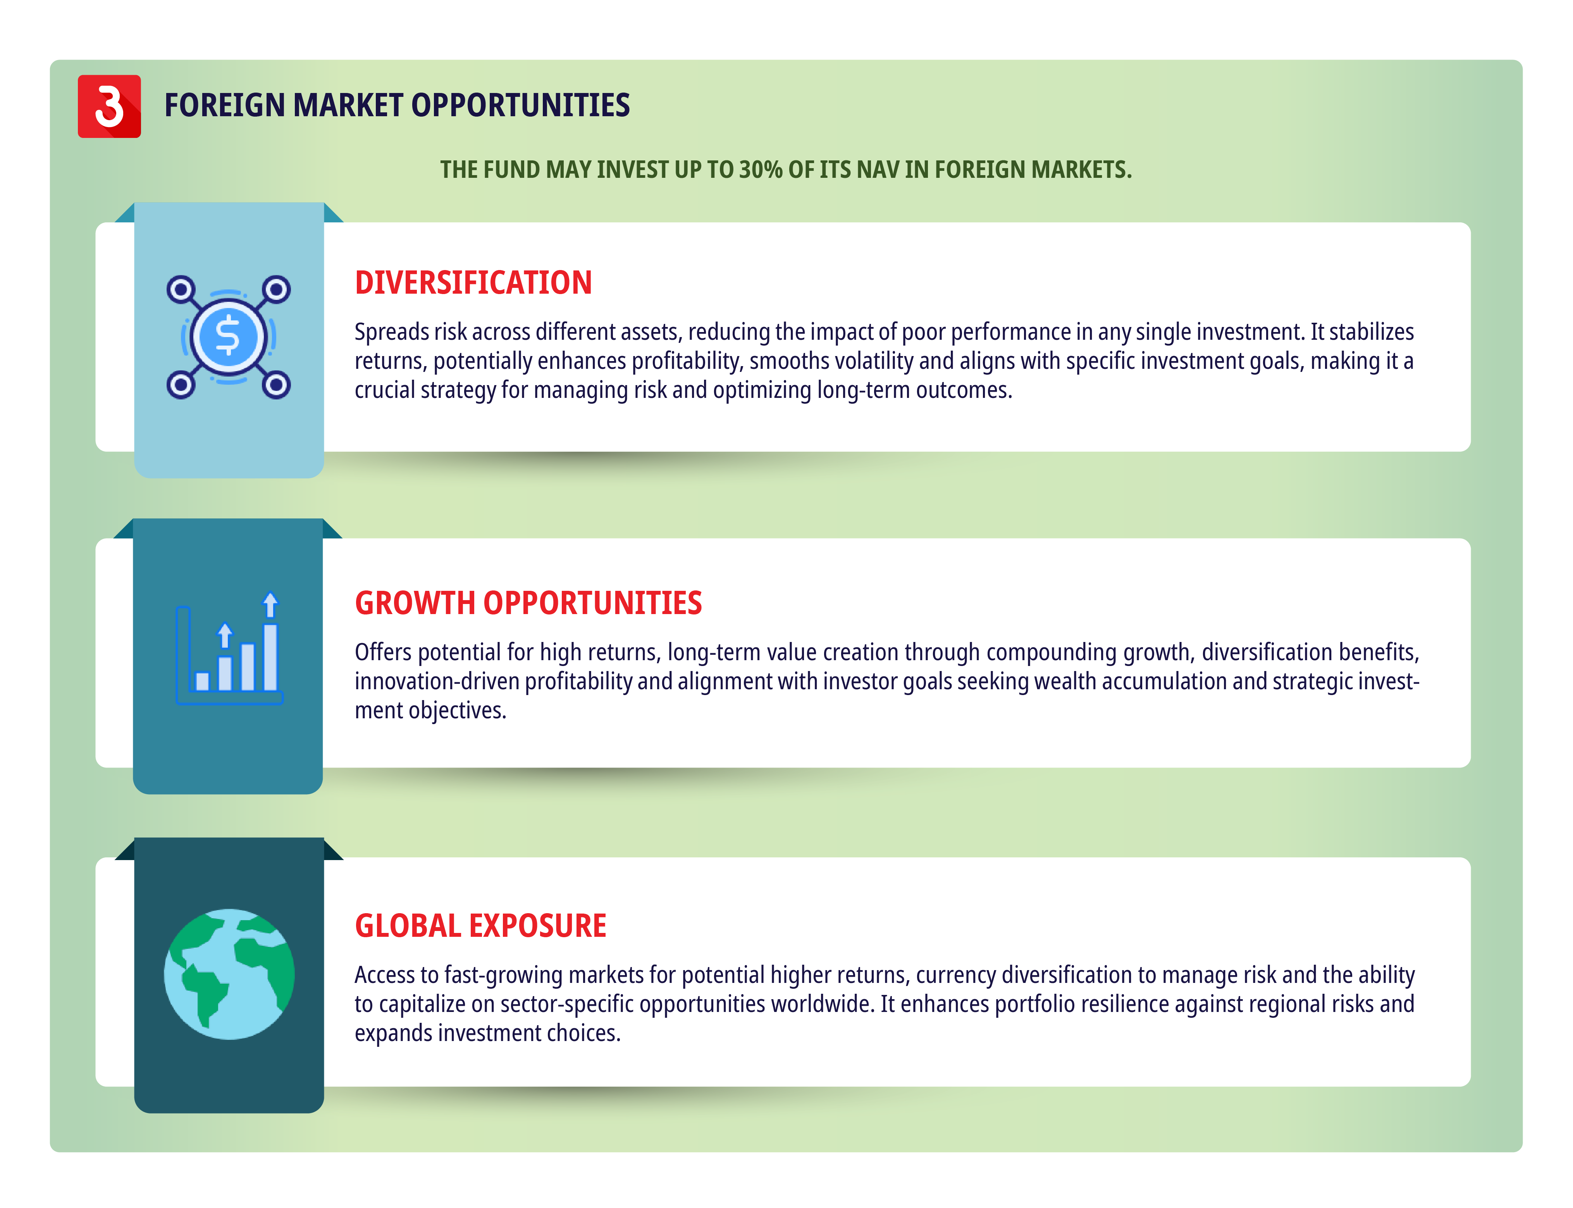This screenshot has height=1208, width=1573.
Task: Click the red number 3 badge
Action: pyautogui.click(x=109, y=107)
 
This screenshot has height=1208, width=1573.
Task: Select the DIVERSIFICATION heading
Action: pyautogui.click(x=473, y=282)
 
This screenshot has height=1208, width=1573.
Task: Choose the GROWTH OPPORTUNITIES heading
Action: pyautogui.click(x=528, y=602)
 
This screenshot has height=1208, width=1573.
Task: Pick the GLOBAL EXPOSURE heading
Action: pyautogui.click(x=480, y=926)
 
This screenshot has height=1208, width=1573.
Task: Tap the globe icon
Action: pyautogui.click(x=229, y=974)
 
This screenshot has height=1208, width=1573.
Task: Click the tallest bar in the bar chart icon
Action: pyautogui.click(x=270, y=657)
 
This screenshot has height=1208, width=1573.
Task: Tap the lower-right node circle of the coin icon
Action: pyautogui.click(x=276, y=385)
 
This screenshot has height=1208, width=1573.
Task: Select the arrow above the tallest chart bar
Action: pyautogui.click(x=270, y=605)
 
